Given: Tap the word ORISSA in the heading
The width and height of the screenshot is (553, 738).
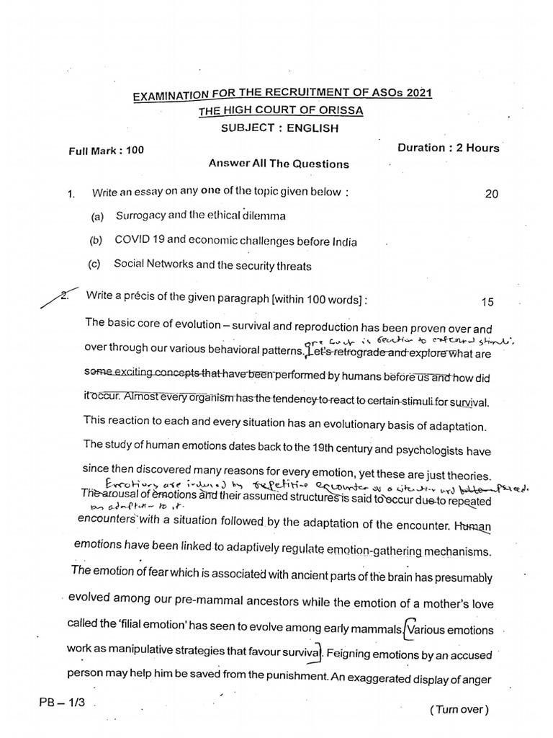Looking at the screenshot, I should (x=338, y=110).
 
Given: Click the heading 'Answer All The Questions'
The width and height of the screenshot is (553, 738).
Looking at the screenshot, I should (x=279, y=164).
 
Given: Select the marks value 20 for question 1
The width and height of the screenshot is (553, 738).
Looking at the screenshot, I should (x=492, y=194).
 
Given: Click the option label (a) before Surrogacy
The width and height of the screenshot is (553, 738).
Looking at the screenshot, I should (x=96, y=216).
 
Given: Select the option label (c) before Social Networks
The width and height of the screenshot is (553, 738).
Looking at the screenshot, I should (x=94, y=264).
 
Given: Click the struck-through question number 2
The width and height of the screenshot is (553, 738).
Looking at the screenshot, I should (x=67, y=295).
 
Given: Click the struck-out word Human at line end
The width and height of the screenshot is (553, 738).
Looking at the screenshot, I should (x=473, y=527).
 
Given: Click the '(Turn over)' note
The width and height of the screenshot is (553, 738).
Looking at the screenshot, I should (x=459, y=709).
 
